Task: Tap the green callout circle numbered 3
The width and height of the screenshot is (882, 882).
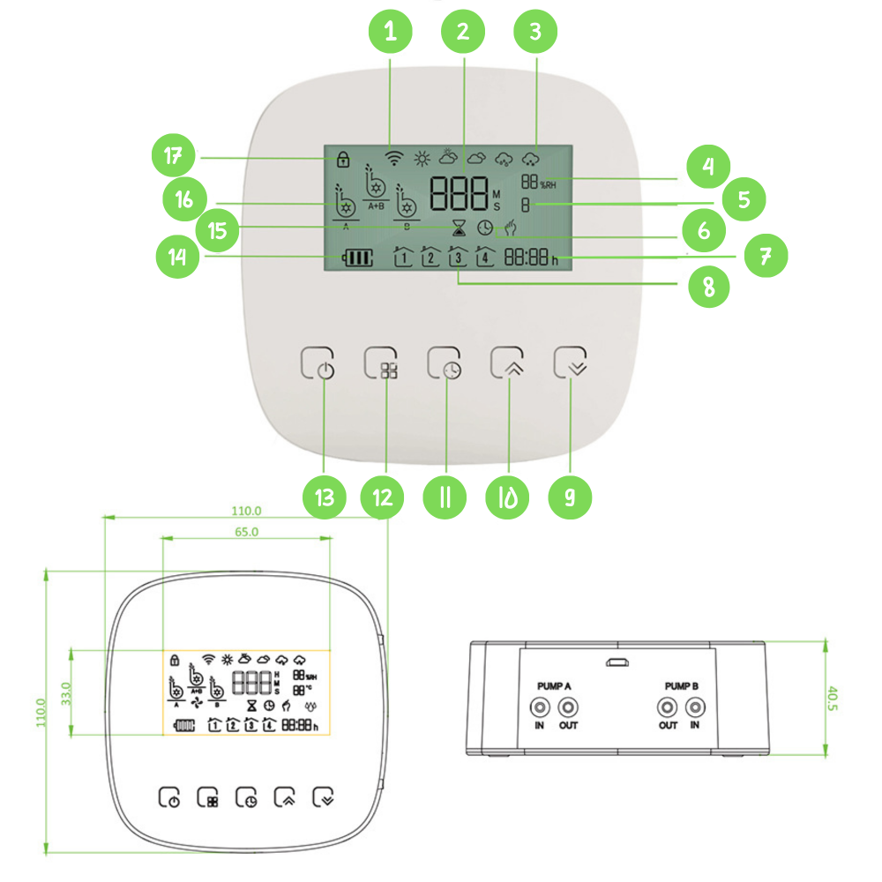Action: [x=535, y=33]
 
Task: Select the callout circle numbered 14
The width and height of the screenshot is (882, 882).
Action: [x=176, y=258]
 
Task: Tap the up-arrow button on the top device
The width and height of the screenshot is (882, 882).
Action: [x=509, y=363]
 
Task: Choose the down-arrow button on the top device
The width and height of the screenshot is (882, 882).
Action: [x=572, y=363]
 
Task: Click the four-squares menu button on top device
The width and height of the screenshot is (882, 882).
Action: [x=382, y=363]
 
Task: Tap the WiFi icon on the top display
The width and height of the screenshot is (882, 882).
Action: [x=394, y=159]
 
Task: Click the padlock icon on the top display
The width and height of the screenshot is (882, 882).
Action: [x=341, y=160]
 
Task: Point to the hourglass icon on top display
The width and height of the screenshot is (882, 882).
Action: [x=459, y=228]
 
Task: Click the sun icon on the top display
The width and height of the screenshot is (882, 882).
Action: [x=422, y=159]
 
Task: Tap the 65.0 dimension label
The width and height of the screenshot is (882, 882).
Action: [x=246, y=532]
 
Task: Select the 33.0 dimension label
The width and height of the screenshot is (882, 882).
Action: [x=65, y=692]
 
